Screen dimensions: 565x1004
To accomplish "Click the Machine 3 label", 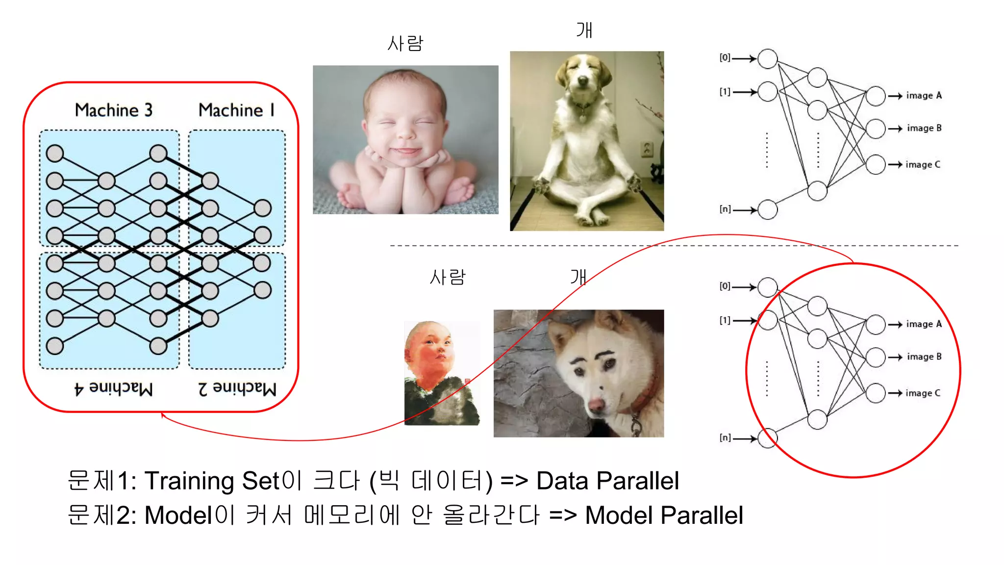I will [x=113, y=110].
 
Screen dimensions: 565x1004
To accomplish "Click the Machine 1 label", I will [x=236, y=110].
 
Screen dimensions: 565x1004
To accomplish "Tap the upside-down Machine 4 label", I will [x=113, y=388].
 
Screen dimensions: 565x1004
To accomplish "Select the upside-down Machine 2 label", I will [x=237, y=388].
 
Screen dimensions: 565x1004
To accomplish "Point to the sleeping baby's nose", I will [x=405, y=131].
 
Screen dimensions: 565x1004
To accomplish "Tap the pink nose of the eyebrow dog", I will [x=596, y=405].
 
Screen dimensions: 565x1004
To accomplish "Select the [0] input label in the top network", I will [x=725, y=58].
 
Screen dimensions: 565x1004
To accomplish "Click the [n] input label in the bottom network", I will [x=725, y=437].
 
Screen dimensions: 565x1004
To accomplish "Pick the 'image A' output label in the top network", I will [x=924, y=96].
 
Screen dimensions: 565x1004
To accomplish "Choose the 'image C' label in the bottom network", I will [x=923, y=393].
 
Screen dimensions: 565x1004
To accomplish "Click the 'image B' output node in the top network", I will [x=876, y=128].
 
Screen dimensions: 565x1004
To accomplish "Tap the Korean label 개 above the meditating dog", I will [x=584, y=30].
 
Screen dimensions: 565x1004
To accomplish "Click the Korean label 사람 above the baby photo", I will [x=405, y=44].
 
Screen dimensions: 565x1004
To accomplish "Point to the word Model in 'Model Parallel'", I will [x=619, y=515].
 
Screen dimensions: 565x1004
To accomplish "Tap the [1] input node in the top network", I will [x=767, y=92].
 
